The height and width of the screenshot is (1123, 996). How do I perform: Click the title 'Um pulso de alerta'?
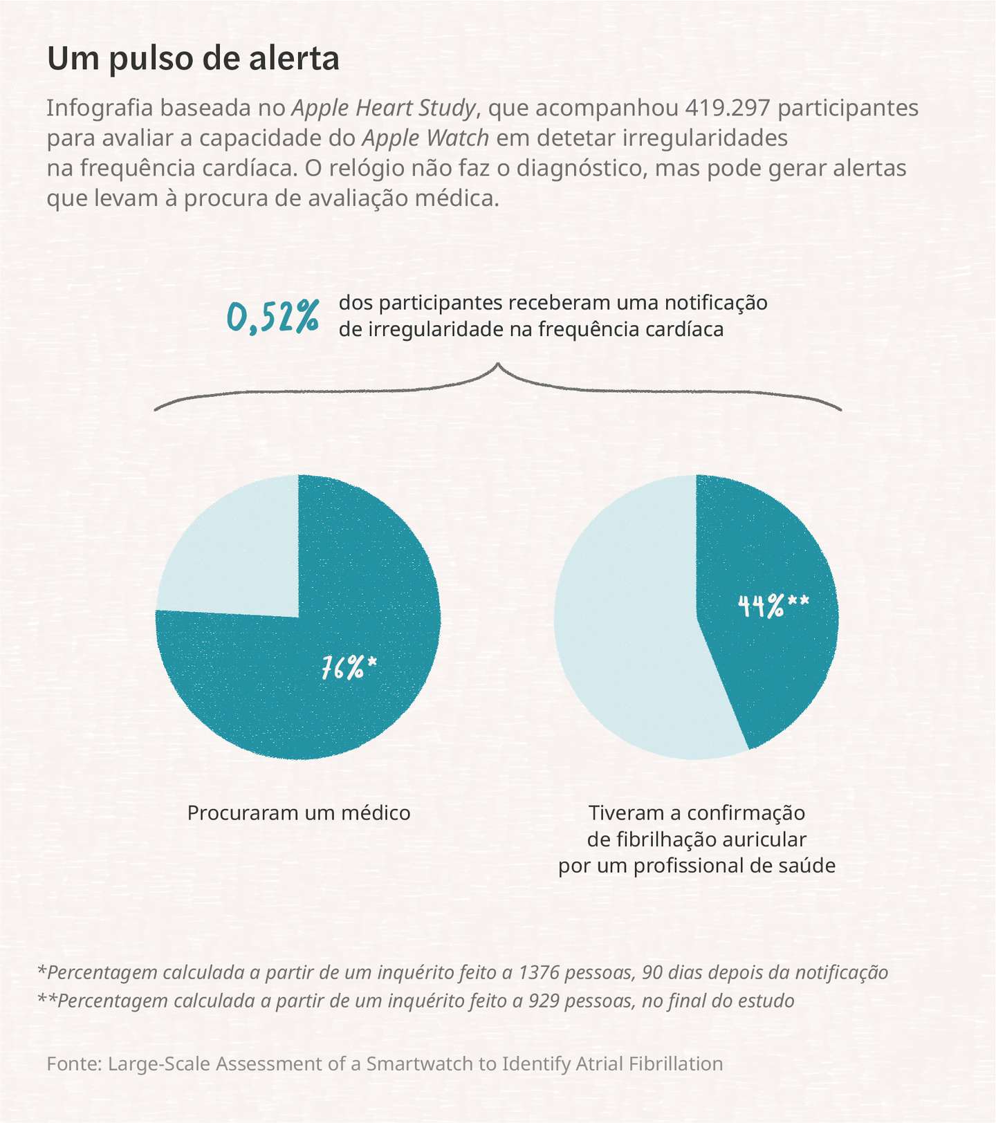click(194, 59)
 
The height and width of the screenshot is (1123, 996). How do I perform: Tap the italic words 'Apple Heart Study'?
click(385, 109)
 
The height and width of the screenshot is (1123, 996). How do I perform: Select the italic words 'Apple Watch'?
click(426, 139)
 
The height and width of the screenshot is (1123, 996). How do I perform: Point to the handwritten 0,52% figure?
click(273, 317)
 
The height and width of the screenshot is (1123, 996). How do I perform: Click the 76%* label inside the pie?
click(349, 668)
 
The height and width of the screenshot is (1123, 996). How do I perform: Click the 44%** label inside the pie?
click(773, 606)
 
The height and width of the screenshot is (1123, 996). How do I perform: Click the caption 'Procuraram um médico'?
click(299, 813)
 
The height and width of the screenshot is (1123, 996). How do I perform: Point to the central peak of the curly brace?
click(498, 364)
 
